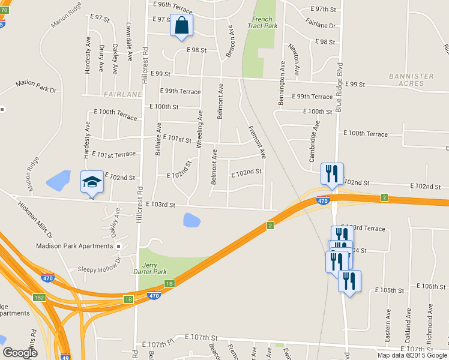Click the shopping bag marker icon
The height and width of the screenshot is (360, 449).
pyautogui.click(x=181, y=26)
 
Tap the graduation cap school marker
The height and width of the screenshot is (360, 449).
pyautogui.click(x=92, y=182)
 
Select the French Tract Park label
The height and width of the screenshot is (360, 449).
pyautogui.click(x=264, y=23)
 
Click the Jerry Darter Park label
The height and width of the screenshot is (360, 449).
pyautogui.click(x=153, y=268)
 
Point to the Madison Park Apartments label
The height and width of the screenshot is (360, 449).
pyautogui.click(x=74, y=246)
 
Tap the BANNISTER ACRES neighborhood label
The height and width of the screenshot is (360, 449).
pyautogui.click(x=411, y=80)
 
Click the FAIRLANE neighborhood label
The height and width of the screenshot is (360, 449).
pyautogui.click(x=122, y=94)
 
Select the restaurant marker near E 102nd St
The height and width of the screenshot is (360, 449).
pyautogui.click(x=332, y=174)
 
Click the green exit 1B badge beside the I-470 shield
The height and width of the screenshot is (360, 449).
pyautogui.click(x=169, y=283)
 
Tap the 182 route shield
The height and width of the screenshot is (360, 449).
pyautogui.click(x=39, y=298)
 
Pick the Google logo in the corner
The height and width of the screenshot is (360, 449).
pyautogui.click(x=20, y=352)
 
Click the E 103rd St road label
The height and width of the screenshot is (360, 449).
pyautogui.click(x=160, y=205)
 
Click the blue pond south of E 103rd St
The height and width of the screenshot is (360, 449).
pyautogui.click(x=191, y=220)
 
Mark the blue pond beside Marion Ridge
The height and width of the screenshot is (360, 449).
pyautogui.click(x=58, y=179)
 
